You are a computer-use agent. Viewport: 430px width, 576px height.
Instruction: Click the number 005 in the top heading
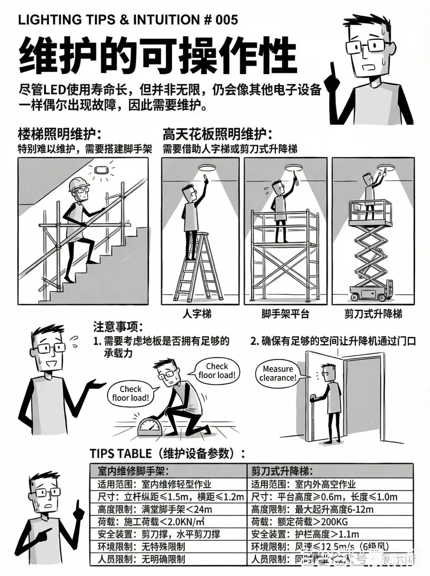pyautogui.click(x=227, y=20)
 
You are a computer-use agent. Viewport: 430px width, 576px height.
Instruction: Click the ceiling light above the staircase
pyautogui.click(x=102, y=170)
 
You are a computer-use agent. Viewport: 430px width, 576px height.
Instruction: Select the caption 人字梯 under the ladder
pyautogui.click(x=197, y=313)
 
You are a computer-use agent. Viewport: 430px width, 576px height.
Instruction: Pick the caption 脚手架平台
pyautogui.click(x=285, y=313)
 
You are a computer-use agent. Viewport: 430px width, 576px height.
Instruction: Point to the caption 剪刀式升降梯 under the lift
pyautogui.click(x=373, y=313)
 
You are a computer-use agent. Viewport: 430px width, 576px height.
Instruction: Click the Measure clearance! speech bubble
pyautogui.click(x=278, y=373)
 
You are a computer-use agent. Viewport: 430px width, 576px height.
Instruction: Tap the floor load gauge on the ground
pyautogui.click(x=149, y=427)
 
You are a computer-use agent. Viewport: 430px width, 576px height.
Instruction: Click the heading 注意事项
pyautogui.click(x=118, y=327)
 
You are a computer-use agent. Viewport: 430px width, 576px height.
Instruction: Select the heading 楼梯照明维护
pyautogui.click(x=59, y=134)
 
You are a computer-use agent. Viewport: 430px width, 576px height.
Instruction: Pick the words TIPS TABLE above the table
pyautogui.click(x=121, y=453)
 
